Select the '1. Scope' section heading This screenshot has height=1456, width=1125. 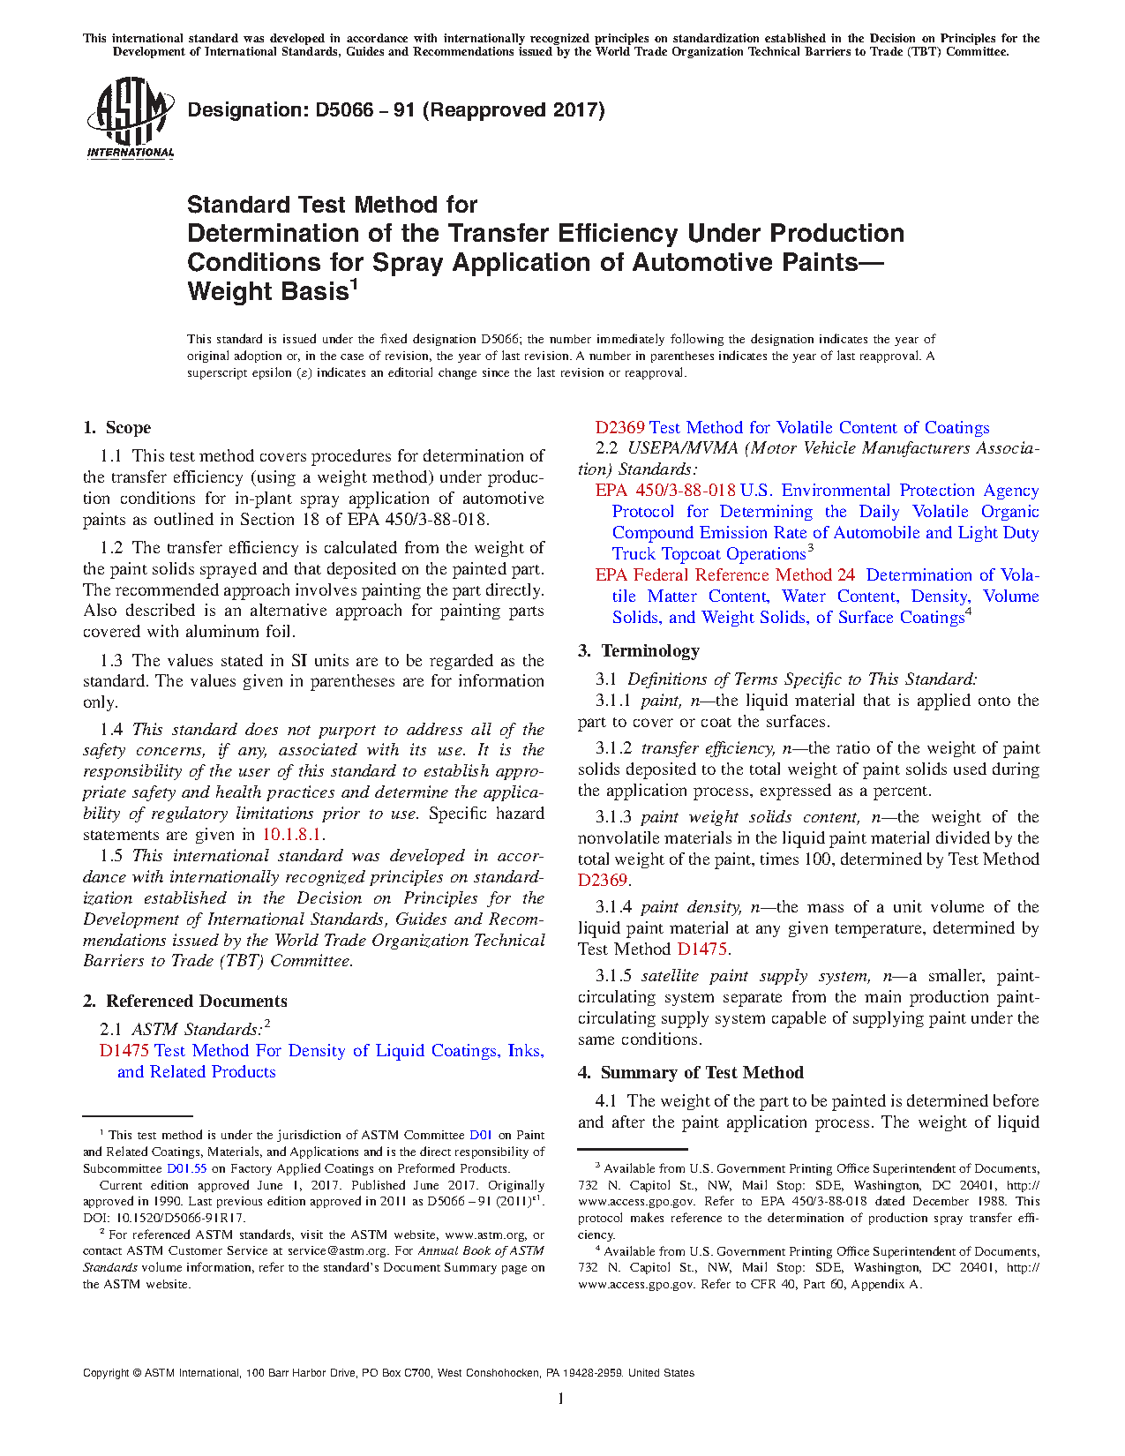pos(117,428)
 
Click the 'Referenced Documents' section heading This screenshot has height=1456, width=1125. pos(196,1002)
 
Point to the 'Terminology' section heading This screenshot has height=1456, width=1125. pos(649,651)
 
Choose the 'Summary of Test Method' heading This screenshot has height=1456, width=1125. pos(701,1073)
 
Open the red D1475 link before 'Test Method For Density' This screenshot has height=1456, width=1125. pos(124,1051)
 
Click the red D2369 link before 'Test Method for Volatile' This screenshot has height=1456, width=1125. pos(619,428)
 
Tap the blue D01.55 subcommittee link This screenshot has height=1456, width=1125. pos(186,1169)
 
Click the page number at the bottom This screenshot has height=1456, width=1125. pos(561,1399)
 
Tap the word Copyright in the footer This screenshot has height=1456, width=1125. pos(106,1373)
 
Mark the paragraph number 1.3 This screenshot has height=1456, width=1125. pos(111,661)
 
